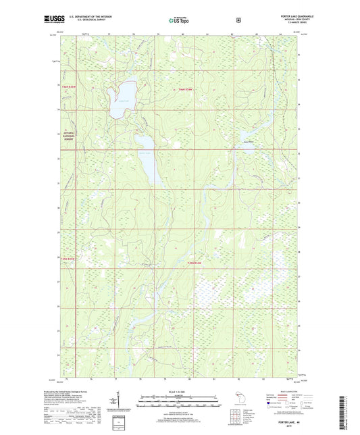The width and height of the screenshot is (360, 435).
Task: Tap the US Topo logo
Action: coord(180,21)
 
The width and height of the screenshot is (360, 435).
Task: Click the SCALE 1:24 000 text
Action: coord(180,392)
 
